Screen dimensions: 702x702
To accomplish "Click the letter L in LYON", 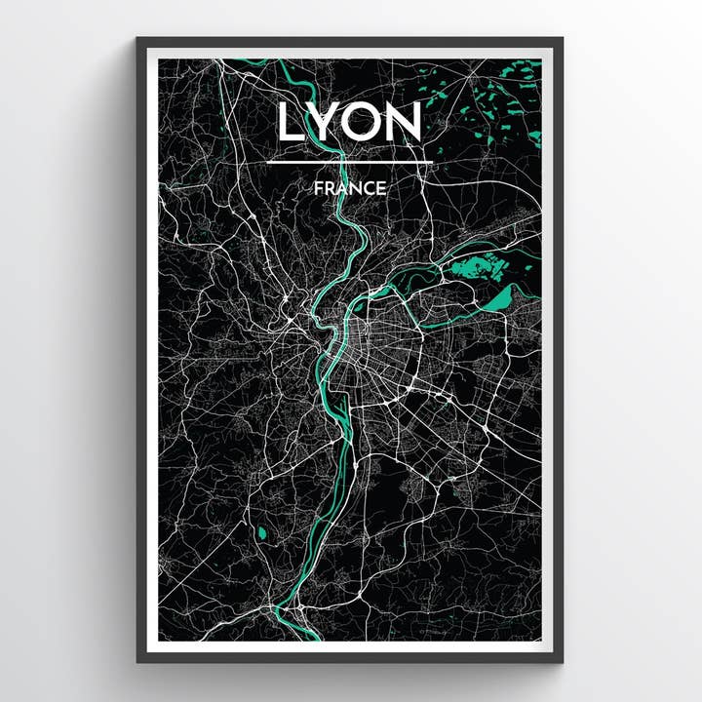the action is [292, 123].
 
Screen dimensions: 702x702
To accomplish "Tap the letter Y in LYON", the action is [326, 123].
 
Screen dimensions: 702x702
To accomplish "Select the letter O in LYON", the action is [362, 123].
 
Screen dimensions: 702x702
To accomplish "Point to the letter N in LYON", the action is [403, 123].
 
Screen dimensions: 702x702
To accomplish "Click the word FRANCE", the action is [350, 188].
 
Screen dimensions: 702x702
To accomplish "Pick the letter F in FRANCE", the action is [319, 188].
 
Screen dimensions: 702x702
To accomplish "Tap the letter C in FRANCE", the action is [368, 188].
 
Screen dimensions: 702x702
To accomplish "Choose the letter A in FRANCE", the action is [342, 188].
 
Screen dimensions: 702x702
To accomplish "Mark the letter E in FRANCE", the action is [380, 188].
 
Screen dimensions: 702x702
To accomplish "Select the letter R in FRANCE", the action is [330, 188].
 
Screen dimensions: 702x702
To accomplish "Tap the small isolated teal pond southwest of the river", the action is [260, 533].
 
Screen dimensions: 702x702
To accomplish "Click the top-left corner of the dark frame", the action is [138, 40].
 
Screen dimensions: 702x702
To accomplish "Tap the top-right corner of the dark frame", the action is [562, 40].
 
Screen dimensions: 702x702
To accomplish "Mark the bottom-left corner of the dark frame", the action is [138, 661].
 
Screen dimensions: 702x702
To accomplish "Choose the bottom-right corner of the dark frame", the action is [562, 661].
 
